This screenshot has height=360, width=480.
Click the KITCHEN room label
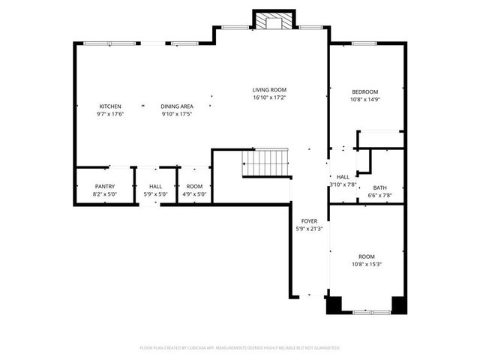[x=109, y=106]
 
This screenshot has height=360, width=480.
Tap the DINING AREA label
[x=177, y=106]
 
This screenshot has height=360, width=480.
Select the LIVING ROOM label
[x=269, y=90]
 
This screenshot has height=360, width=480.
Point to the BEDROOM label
[x=365, y=91]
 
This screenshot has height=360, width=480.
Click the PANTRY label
[x=104, y=187]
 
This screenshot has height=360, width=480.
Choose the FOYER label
[x=309, y=221]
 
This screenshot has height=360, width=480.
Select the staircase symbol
[x=265, y=162]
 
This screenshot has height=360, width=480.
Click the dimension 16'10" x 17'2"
[x=269, y=97]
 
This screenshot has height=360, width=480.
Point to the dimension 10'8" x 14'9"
[x=365, y=99]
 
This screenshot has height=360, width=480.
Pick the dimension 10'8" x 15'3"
[x=365, y=263]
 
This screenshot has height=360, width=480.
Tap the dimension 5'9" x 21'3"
[x=309, y=229]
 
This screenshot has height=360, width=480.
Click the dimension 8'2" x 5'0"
[x=104, y=194]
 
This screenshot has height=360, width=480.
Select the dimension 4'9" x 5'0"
[x=194, y=194]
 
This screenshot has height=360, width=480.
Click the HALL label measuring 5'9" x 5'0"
[x=155, y=187]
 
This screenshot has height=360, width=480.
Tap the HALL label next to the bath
[x=343, y=177]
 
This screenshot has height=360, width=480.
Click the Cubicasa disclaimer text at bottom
[x=240, y=348]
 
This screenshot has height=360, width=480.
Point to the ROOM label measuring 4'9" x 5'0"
[x=194, y=187]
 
